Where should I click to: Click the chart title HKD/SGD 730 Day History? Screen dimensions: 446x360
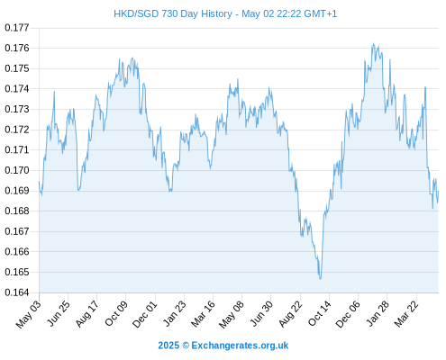[173, 13]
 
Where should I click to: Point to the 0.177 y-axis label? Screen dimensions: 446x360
[17, 28]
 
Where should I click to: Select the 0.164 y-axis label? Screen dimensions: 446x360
[17, 292]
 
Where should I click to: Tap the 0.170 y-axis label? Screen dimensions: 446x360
[17, 170]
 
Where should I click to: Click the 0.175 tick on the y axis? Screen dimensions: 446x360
[17, 68]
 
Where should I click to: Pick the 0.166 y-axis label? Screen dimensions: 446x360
[17, 252]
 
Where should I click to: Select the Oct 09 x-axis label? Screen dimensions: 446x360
[116, 313]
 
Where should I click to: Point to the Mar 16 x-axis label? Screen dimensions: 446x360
[203, 313]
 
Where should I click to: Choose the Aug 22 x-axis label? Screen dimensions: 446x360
[290, 313]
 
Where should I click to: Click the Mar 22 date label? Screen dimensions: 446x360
[406, 313]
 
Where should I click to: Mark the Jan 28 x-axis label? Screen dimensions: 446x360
[378, 313]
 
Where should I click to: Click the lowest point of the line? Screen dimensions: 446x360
[320, 279]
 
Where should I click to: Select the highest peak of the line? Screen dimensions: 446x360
[373, 43]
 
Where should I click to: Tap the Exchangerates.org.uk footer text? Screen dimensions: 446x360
[240, 346]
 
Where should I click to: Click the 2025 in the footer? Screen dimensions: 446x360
[168, 346]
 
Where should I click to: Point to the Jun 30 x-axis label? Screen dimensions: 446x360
[261, 313]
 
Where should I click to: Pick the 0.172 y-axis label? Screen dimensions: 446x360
[17, 130]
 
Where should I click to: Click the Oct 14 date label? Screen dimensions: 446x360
[320, 313]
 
